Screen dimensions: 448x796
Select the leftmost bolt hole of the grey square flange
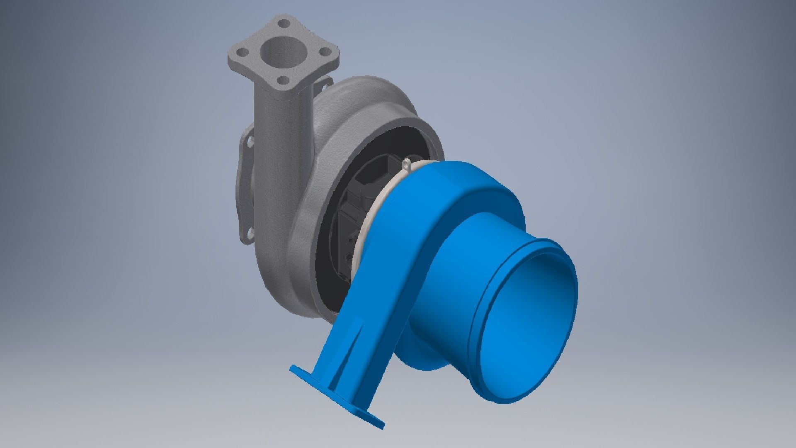coord(244,52)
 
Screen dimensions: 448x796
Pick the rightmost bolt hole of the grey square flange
coord(325,51)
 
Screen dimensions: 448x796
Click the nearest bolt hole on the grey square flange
coord(283,80)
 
